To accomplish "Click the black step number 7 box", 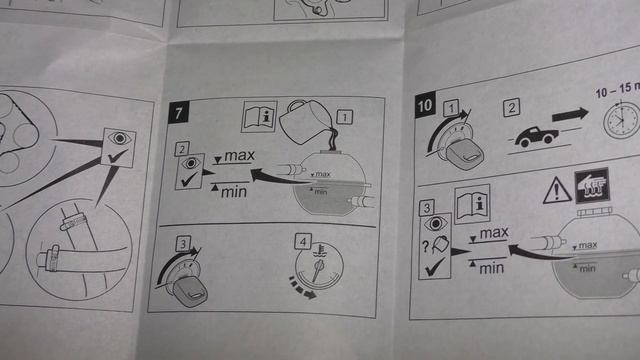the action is coord(178,113).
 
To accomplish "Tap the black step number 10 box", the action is coord(424,105).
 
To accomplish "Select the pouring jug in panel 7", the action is coord(307,122).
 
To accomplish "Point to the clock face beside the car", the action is coord(622,120).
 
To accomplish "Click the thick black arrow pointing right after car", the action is coord(570,115).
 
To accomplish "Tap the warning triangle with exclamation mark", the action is coord(557,190).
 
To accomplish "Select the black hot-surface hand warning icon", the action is coord(591,186).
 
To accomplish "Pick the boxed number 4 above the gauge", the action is coord(303,242).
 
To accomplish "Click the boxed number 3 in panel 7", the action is coord(183,244).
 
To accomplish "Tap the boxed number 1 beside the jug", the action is coord(344,117).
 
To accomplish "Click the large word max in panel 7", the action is coord(240,156).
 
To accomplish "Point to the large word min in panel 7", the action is coord(233,192).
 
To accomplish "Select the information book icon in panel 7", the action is coord(259,116).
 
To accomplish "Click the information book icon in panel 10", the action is coord(472,205).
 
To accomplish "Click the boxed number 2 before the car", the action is coord(511,107).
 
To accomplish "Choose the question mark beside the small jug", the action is coord(425,246).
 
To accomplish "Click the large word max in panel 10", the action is coord(494,233).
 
